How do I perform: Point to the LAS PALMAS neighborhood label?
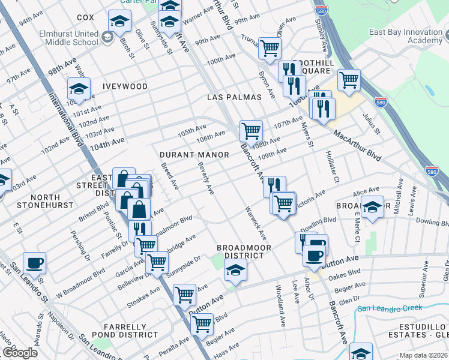pyautogui.click(x=234, y=97)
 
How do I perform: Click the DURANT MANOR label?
pyautogui.click(x=194, y=155)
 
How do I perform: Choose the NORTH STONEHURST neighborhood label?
pyautogui.click(x=37, y=202)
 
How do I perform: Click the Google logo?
pyautogui.click(x=20, y=353)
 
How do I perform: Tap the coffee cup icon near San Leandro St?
pyautogui.click(x=34, y=263)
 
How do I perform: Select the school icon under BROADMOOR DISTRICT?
pyautogui.click(x=235, y=271)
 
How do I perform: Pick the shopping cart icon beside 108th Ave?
pyautogui.click(x=250, y=130)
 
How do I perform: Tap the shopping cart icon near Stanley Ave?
pyautogui.click(x=348, y=80)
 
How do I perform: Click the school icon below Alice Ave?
pyautogui.click(x=373, y=208)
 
